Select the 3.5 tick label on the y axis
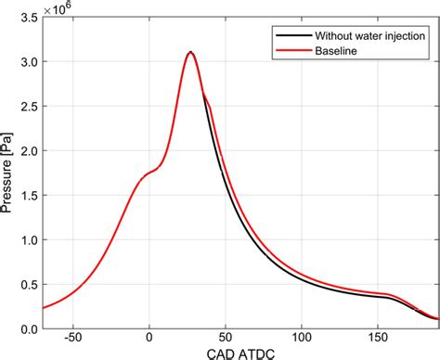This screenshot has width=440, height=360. [30, 18]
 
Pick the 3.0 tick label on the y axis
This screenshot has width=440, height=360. [30, 62]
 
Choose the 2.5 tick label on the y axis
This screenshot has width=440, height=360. [30, 107]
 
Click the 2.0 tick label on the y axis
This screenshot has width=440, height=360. [30, 151]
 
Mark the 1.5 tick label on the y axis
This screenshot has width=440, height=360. [30, 196]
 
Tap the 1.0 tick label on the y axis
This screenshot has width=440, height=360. [30, 240]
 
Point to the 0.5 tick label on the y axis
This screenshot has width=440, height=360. [30, 285]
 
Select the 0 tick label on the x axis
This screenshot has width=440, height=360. [149, 337]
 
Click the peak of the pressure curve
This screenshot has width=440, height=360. [190, 53]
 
